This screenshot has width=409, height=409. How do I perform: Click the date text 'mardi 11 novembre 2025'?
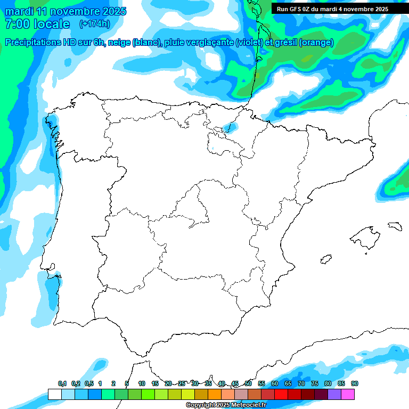(x=66, y=11)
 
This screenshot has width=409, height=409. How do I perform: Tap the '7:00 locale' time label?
(x=37, y=24)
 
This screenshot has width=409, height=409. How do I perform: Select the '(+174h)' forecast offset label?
(x=94, y=24)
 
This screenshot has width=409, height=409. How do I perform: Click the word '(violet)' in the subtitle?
(x=253, y=43)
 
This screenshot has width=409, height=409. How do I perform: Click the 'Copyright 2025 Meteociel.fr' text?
(x=226, y=405)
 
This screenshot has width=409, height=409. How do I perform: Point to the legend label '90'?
(x=355, y=384)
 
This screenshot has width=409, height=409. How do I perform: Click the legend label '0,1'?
(x=62, y=384)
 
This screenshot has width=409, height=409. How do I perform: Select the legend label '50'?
(x=248, y=384)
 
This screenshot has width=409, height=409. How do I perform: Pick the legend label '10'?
(x=142, y=384)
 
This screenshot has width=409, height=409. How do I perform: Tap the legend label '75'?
(x=315, y=384)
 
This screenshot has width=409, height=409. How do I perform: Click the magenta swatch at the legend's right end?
(x=348, y=394)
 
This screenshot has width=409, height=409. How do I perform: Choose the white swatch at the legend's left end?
(x=54, y=394)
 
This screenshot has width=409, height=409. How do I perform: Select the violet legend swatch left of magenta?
(x=334, y=394)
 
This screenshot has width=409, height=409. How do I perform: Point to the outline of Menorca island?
(x=394, y=226)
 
